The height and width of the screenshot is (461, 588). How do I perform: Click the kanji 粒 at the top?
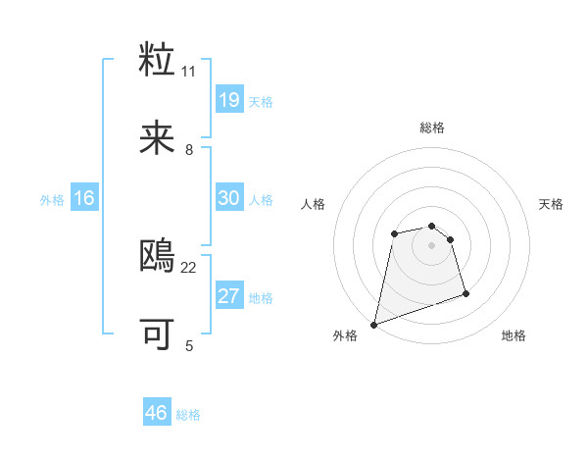click(158, 60)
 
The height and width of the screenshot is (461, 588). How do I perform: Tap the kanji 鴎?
click(158, 256)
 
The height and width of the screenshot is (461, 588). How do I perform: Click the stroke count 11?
click(189, 71)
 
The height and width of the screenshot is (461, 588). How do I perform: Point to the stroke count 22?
click(189, 267)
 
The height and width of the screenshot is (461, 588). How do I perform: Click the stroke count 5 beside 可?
click(189, 345)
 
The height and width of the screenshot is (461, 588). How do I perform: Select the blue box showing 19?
click(229, 100)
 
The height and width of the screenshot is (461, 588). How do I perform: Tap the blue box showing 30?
click(229, 198)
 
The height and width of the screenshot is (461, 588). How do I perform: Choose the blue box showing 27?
click(229, 296)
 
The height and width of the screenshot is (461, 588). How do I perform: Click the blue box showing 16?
click(84, 198)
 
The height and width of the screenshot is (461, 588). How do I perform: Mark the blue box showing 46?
click(157, 414)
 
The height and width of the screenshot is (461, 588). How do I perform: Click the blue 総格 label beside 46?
click(188, 415)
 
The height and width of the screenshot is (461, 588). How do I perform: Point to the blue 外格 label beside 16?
click(52, 199)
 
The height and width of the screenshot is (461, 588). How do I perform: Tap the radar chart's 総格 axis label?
click(432, 128)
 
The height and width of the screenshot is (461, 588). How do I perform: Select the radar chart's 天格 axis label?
click(552, 204)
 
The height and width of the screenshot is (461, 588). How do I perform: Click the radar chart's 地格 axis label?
click(514, 336)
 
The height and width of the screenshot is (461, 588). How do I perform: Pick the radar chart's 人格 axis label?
click(314, 204)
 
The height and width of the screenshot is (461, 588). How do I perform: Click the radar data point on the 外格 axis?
click(374, 324)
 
